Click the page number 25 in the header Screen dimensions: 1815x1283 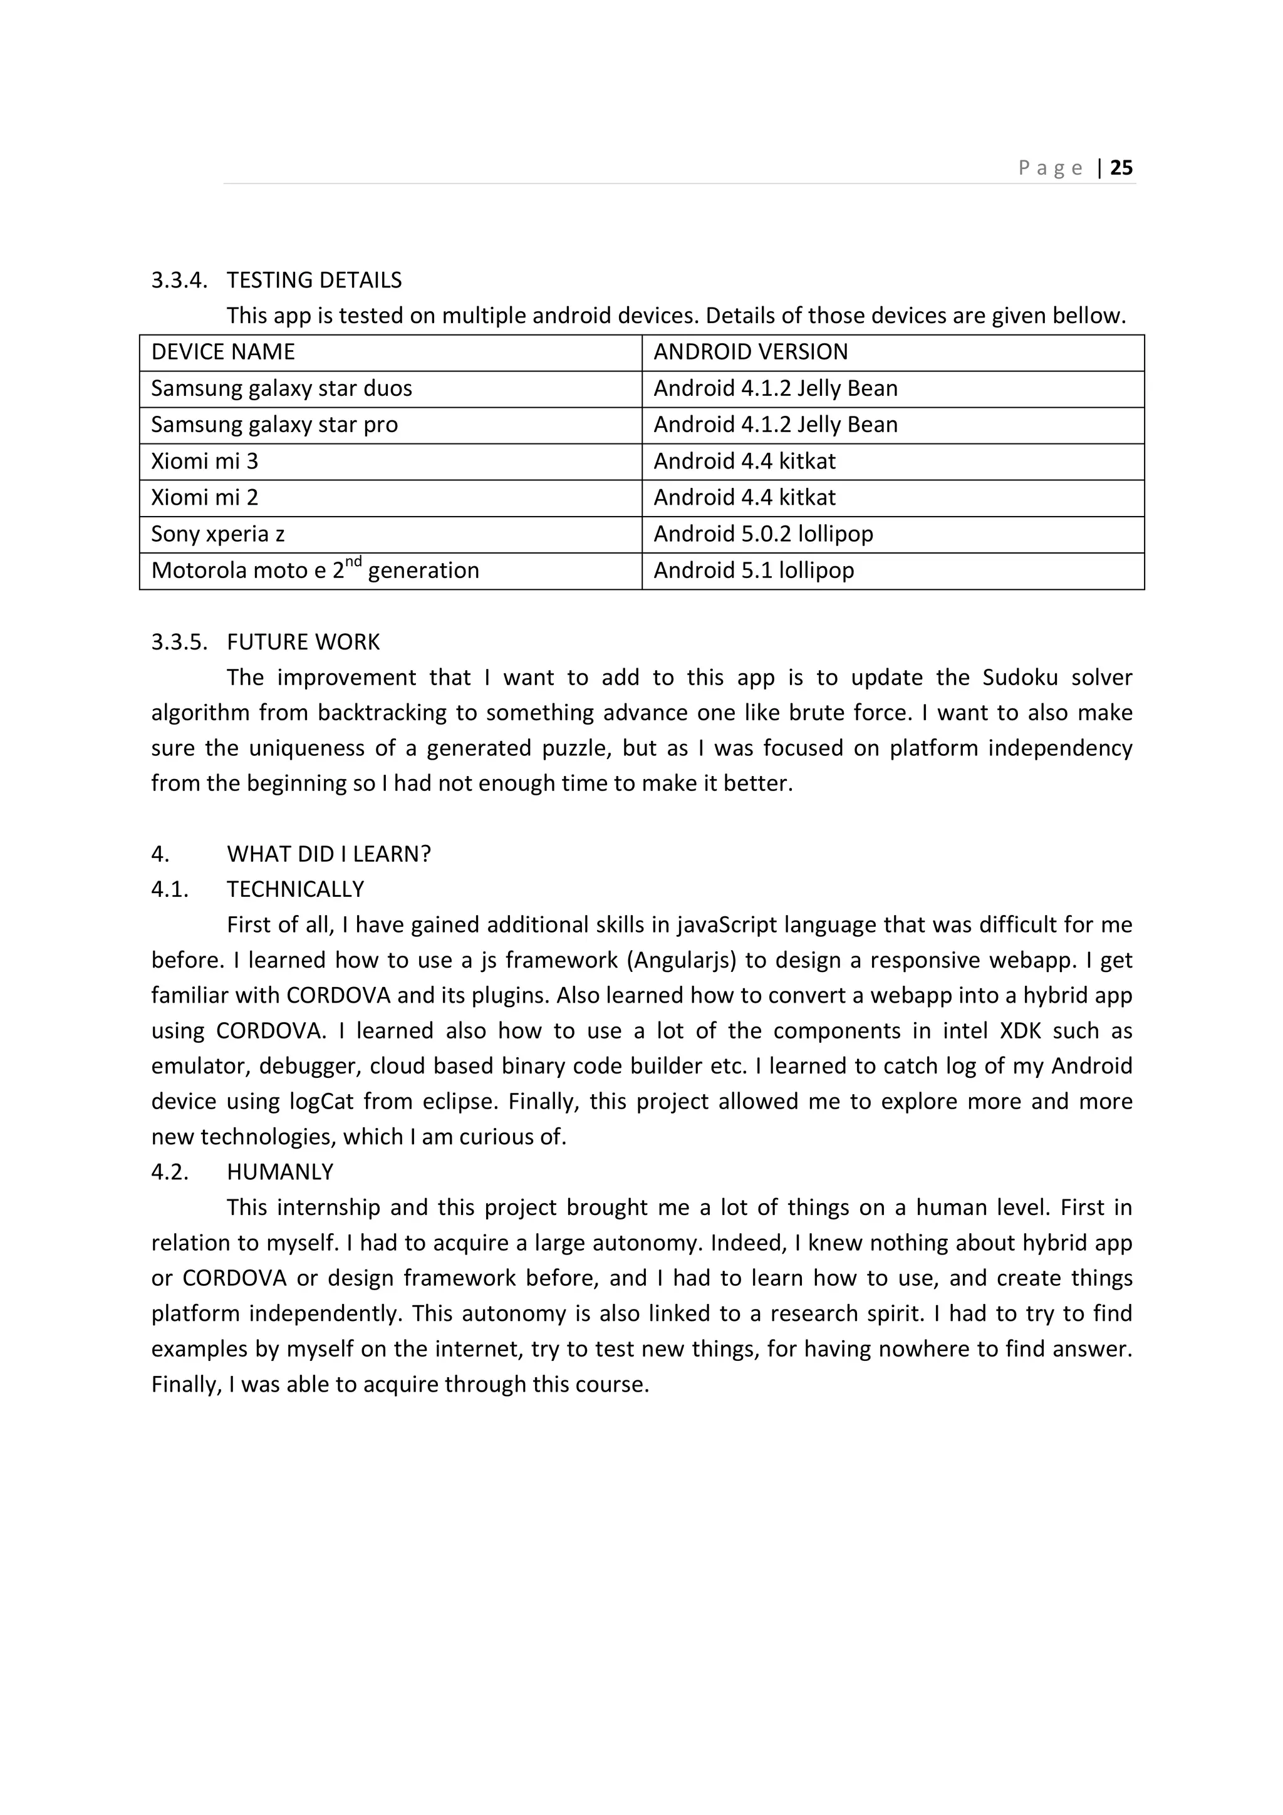(x=1121, y=168)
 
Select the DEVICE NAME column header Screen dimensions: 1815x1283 (x=223, y=352)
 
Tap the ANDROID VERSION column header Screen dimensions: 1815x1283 (x=751, y=352)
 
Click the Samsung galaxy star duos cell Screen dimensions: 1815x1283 (x=281, y=388)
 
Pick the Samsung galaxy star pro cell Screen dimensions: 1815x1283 (x=274, y=425)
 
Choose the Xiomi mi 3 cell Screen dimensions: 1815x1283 (x=205, y=461)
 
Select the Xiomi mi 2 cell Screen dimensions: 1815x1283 (x=205, y=497)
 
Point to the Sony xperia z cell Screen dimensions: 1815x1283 (x=217, y=534)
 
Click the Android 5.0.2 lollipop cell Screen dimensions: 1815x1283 (x=763, y=534)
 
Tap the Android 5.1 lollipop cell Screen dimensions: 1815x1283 (x=754, y=570)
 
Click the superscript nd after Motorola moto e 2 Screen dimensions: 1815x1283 (x=353, y=562)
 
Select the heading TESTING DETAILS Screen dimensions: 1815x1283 (x=314, y=280)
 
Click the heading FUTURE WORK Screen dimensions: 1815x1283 (x=303, y=641)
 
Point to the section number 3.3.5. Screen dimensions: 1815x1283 (x=179, y=641)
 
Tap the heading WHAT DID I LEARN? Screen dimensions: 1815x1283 (x=329, y=854)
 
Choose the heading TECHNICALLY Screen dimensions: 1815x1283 (x=295, y=889)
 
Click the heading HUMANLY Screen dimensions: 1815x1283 (x=280, y=1172)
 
